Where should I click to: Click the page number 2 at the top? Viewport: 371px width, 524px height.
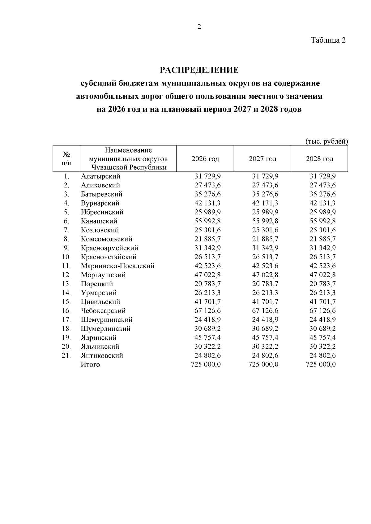click(199, 27)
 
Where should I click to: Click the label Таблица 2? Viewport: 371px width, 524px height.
click(328, 40)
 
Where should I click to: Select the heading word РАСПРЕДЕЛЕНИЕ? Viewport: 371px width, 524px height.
click(199, 70)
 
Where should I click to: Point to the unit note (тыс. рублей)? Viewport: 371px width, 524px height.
click(326, 141)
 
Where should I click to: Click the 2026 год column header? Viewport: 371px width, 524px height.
click(205, 159)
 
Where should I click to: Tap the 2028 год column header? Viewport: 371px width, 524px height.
click(319, 159)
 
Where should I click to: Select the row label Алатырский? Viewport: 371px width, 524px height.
click(100, 176)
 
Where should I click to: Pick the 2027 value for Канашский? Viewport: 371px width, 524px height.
click(265, 221)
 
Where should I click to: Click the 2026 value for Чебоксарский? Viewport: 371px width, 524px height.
click(207, 311)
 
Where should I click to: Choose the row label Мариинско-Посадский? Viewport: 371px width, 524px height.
click(117, 266)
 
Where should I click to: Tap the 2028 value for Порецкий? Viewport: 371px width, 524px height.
click(322, 284)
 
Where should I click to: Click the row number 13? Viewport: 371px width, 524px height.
click(66, 284)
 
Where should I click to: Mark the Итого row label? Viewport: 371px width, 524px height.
click(90, 364)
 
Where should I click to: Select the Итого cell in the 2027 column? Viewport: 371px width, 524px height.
click(263, 364)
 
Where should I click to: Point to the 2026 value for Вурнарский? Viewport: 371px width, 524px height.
click(207, 203)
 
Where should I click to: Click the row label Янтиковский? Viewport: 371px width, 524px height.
click(102, 355)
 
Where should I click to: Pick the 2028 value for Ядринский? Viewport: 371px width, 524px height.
click(322, 337)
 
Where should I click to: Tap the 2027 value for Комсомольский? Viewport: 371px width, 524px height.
click(265, 239)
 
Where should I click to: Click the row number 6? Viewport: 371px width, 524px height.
click(66, 221)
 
